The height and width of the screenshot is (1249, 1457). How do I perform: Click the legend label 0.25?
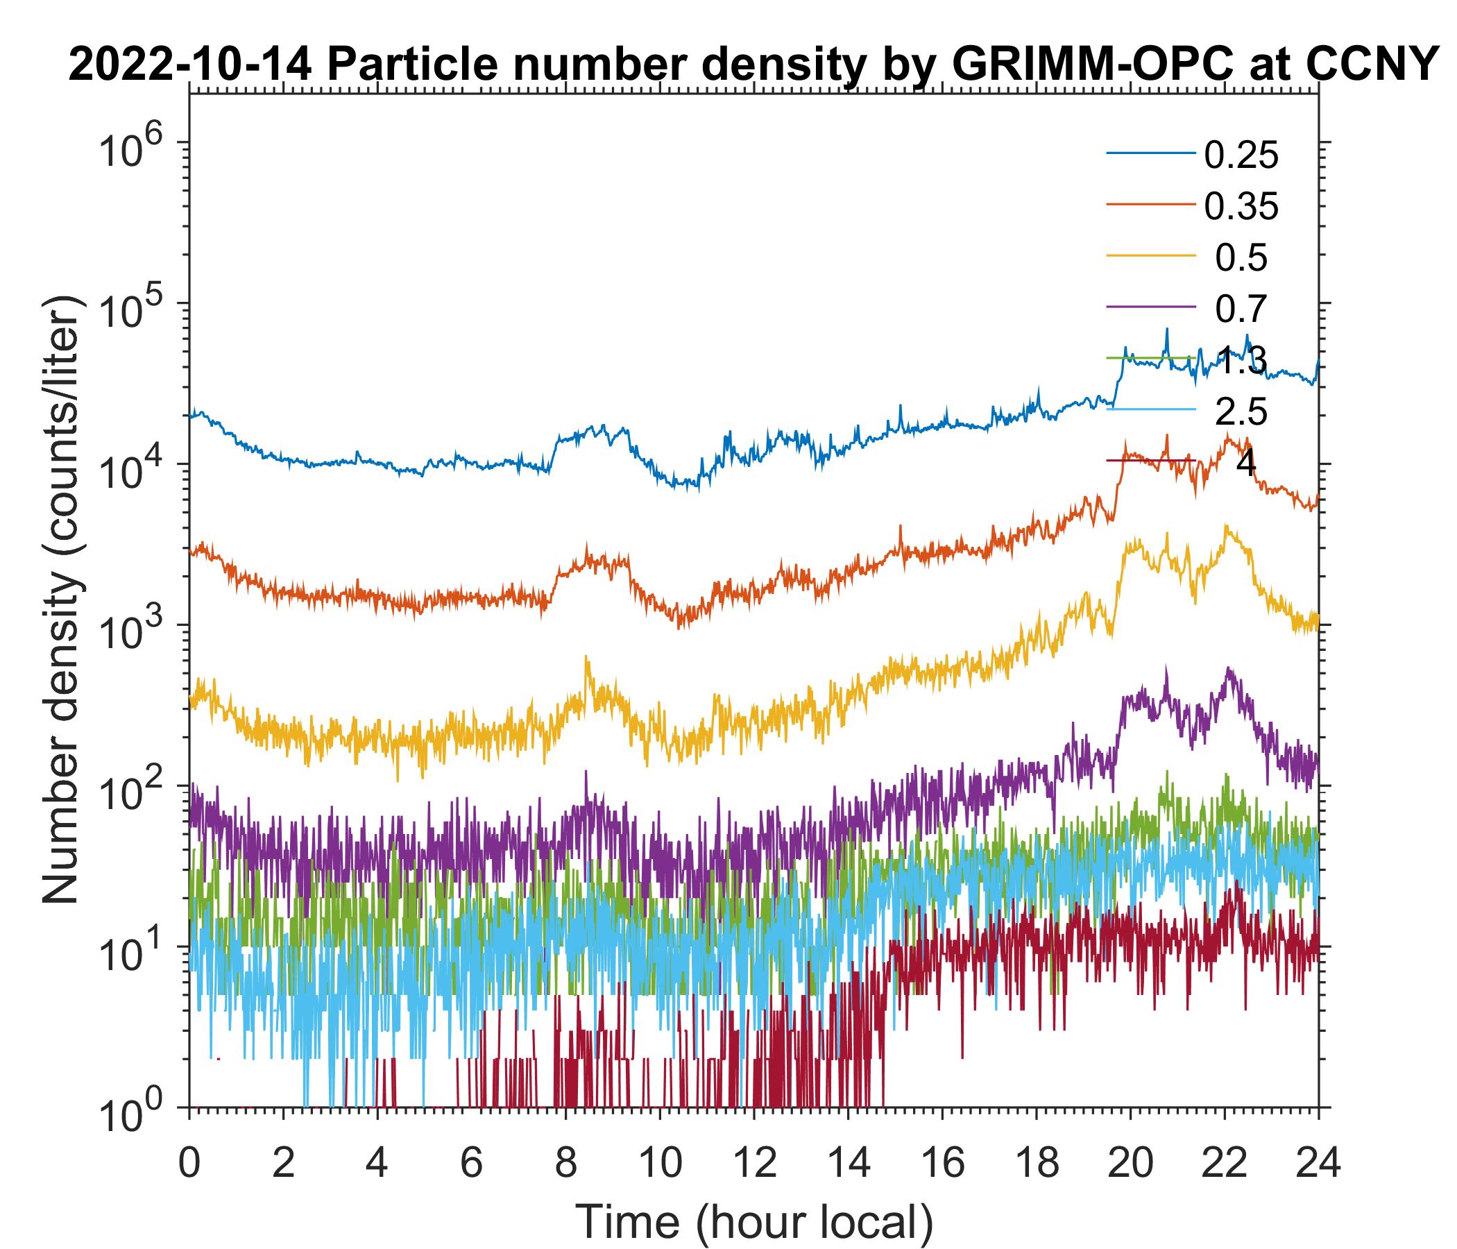coord(1241,155)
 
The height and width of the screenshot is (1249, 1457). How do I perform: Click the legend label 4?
coord(1246,464)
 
